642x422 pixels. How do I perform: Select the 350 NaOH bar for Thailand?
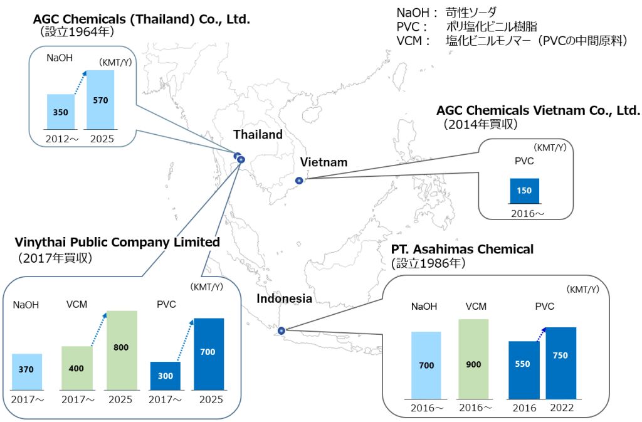pos(61,112)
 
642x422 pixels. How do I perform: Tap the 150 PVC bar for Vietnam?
pos(524,191)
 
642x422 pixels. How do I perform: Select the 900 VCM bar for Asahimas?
pos(473,359)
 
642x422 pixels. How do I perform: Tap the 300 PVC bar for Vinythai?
pos(166,376)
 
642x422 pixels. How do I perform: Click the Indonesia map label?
pos(284,299)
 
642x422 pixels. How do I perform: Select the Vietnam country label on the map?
pos(324,162)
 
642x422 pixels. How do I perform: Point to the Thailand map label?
pos(258,134)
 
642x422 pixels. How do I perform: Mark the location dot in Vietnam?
pos(299,181)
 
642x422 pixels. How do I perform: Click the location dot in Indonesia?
pos(281,330)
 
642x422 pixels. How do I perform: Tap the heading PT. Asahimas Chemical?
pos(462,250)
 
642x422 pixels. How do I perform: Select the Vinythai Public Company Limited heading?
pos(117,242)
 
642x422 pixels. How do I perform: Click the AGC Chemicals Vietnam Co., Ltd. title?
pos(538,111)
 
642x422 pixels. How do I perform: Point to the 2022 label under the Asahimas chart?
pos(561,408)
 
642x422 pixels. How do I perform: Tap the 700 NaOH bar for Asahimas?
pos(426,364)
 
